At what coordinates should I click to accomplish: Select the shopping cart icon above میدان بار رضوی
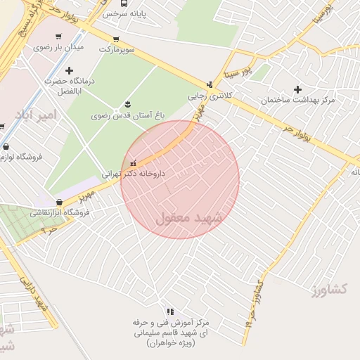[x=58, y=37]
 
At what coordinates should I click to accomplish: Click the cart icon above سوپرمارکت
[x=116, y=39]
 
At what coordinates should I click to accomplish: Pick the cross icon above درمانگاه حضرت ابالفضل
[x=69, y=70]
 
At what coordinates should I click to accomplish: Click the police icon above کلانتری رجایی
[x=209, y=84]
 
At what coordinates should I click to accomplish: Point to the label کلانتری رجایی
[x=209, y=95]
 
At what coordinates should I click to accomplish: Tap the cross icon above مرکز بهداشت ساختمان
[x=298, y=89]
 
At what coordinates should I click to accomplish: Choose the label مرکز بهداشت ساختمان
[x=298, y=101]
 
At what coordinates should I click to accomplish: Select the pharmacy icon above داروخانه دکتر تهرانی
[x=133, y=163]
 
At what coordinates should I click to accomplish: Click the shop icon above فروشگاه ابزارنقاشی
[x=59, y=202]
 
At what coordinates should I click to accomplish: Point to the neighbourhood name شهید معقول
[x=191, y=218]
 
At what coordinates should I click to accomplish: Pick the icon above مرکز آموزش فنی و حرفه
[x=169, y=311]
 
